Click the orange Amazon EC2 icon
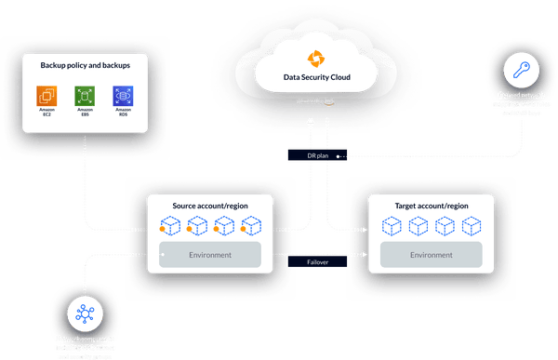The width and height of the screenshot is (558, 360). tap(46, 96)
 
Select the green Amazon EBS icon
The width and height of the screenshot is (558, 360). tap(84, 96)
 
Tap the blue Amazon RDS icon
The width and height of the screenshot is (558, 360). tap(121, 96)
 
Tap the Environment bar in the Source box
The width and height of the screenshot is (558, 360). tap(210, 252)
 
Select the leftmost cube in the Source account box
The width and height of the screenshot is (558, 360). tap(172, 225)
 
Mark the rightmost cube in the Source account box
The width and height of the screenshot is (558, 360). tap(252, 225)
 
